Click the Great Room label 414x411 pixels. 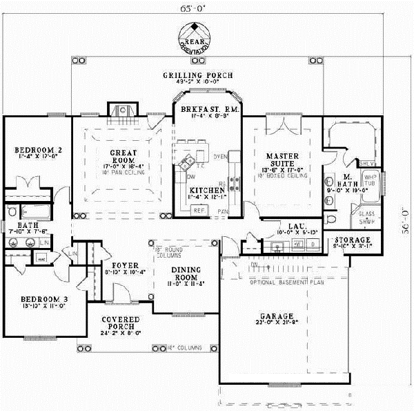point(118,156)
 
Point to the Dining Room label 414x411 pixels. point(187,274)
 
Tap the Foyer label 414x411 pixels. point(125,265)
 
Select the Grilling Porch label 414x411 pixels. point(198,75)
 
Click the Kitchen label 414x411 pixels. point(208,189)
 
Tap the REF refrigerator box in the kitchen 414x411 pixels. point(199,209)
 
